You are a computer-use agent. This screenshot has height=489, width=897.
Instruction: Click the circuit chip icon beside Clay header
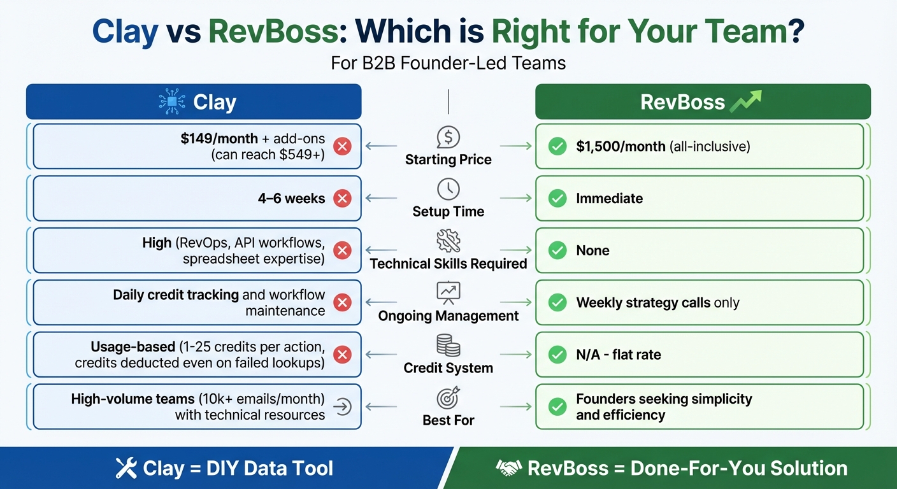[172, 102]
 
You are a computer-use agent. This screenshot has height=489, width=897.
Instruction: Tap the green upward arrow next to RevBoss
[747, 101]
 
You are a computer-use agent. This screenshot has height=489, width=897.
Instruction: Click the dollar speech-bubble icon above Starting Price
[448, 137]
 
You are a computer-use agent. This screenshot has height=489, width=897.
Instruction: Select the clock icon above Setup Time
[448, 189]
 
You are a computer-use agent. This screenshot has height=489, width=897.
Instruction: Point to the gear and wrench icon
[448, 241]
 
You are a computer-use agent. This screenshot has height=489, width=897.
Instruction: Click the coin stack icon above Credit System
[448, 346]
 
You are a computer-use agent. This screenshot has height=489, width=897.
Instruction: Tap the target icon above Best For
[448, 398]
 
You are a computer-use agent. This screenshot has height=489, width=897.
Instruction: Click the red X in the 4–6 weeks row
[342, 199]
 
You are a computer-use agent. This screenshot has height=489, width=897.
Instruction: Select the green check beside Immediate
[557, 199]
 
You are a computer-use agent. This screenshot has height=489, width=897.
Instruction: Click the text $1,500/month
[621, 146]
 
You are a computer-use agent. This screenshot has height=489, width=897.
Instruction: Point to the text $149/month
[219, 139]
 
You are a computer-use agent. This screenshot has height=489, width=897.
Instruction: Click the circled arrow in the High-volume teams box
[342, 407]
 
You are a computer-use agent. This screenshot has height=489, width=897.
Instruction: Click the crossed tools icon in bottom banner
[126, 469]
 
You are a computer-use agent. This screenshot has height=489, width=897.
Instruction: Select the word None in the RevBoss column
[592, 251]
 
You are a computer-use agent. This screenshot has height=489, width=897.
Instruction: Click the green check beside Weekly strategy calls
[557, 303]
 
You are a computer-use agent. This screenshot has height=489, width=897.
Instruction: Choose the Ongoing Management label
[448, 316]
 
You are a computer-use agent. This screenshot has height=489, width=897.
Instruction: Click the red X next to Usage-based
[342, 355]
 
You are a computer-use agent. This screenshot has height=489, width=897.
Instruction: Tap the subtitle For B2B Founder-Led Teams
[448, 64]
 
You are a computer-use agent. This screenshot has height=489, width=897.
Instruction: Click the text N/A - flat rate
[618, 355]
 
